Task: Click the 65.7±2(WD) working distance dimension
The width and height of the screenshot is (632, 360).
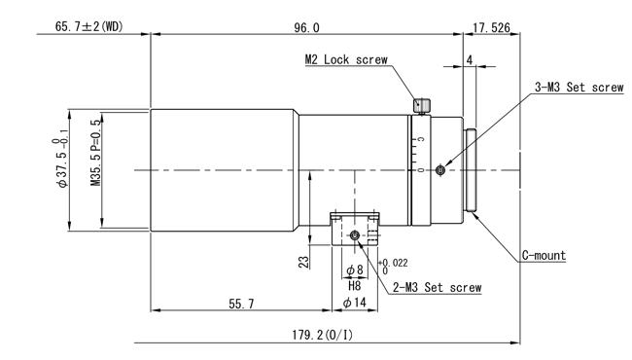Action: click(89, 27)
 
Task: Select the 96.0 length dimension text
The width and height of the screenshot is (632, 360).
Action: click(306, 28)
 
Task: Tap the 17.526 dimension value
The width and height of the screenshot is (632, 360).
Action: click(491, 28)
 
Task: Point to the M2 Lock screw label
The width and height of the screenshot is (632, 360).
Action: click(346, 59)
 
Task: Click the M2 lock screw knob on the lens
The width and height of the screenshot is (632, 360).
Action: click(422, 106)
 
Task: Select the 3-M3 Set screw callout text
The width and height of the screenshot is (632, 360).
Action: click(579, 87)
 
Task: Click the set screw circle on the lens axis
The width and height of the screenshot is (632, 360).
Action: click(440, 170)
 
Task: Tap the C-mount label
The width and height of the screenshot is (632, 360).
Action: click(544, 255)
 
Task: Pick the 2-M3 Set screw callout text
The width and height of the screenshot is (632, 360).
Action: click(438, 287)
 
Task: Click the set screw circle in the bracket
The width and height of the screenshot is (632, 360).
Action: click(354, 235)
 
